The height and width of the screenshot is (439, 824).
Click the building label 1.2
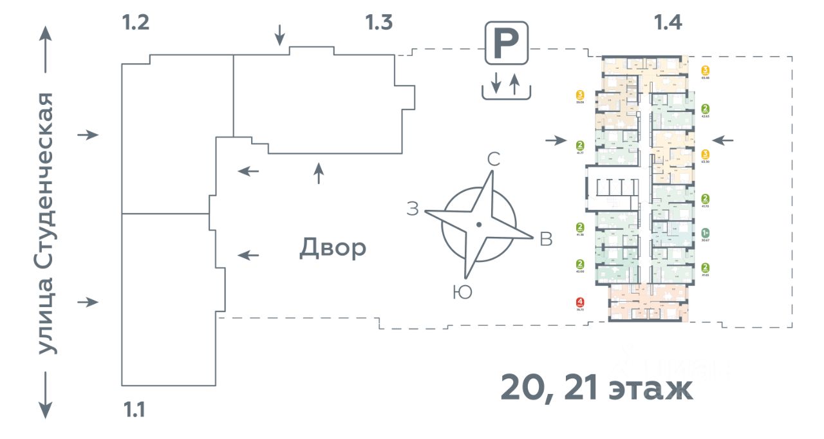(x=136, y=23)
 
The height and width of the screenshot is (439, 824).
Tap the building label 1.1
(x=134, y=409)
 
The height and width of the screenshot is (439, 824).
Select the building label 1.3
(x=379, y=23)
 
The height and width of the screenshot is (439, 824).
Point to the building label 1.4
(x=668, y=23)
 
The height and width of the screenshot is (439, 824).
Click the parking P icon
(x=507, y=42)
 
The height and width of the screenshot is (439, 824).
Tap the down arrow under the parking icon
(x=495, y=83)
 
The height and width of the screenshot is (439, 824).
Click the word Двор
(x=332, y=248)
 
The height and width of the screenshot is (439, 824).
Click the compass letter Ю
(x=462, y=292)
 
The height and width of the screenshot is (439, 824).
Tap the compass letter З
(x=413, y=209)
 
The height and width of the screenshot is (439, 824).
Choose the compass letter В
(x=546, y=239)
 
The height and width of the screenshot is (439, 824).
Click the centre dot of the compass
(x=478, y=224)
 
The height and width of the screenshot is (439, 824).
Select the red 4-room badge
(x=581, y=301)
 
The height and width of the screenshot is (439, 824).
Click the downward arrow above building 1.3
(x=279, y=35)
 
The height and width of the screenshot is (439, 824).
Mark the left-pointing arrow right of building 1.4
(x=724, y=140)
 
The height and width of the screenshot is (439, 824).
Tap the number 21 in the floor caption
(x=580, y=388)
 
